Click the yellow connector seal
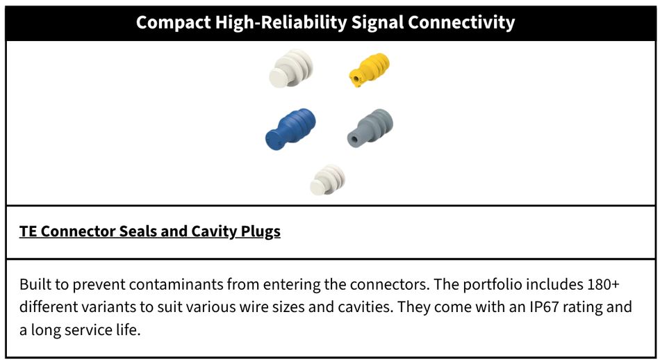pos(369,69)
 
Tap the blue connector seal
pos(290,129)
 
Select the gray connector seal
pos(370,128)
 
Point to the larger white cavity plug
pos(291,68)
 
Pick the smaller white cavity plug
pos(327,180)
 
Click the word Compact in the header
pos(173,22)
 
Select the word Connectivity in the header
pos(461,22)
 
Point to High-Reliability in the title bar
pos(281,22)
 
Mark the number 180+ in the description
pos(604,284)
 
